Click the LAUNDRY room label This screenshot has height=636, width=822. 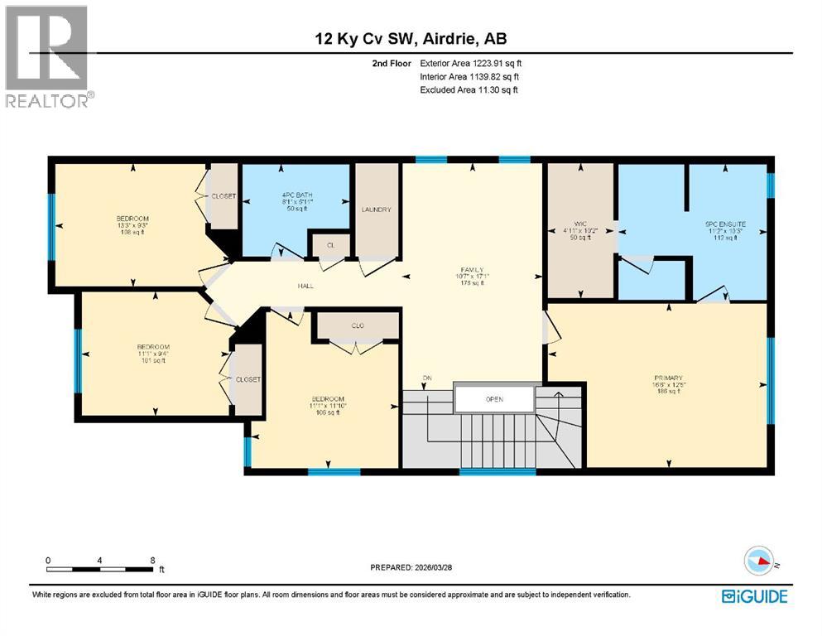[375, 210]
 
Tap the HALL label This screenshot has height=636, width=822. [306, 286]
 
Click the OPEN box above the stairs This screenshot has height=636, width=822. [494, 398]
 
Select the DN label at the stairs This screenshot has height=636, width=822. [427, 378]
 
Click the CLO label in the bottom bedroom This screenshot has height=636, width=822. [358, 326]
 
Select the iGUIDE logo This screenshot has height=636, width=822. [754, 595]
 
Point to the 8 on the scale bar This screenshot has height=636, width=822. [151, 561]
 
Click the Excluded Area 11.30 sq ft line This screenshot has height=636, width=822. [469, 89]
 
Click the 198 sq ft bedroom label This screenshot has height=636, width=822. [132, 224]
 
